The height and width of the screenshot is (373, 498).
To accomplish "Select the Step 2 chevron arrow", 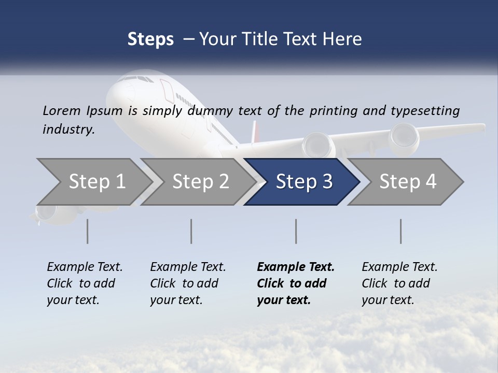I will click(200, 182).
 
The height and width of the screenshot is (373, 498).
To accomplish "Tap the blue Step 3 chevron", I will click(303, 182).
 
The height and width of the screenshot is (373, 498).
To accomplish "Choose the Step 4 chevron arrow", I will click(407, 182).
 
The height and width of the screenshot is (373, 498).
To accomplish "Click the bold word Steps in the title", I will click(150, 39).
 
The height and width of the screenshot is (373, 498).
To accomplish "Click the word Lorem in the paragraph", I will click(62, 110).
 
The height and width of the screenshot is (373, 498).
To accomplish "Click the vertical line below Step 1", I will click(87, 231).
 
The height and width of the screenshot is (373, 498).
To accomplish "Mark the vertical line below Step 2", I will click(191, 231).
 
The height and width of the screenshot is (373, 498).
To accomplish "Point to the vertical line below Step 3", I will click(296, 231).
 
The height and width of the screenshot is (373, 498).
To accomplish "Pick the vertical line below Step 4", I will click(401, 231).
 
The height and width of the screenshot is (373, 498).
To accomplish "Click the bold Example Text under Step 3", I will click(296, 267).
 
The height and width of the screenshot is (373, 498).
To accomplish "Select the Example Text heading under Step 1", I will click(85, 267).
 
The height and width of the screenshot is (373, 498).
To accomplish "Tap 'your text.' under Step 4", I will click(388, 300).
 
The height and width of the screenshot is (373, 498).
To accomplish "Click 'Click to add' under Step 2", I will click(184, 283).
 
